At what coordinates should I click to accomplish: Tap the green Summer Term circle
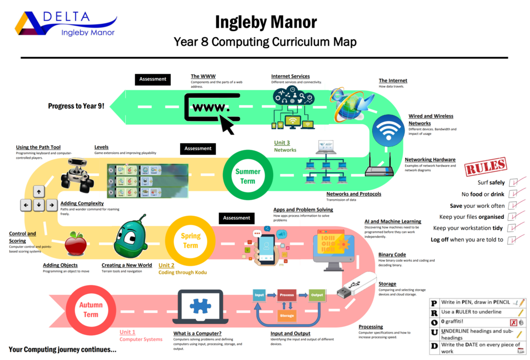pyautogui.click(x=247, y=176)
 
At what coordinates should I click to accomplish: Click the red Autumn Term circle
pyautogui.click(x=91, y=309)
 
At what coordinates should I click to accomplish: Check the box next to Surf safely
pyautogui.click(x=513, y=183)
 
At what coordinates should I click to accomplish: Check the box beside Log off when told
pyautogui.click(x=513, y=239)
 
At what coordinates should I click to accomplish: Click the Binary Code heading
pyautogui.click(x=392, y=254)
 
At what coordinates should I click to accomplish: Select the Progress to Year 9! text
pyautogui.click(x=76, y=106)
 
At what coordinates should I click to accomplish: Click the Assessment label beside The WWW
pyautogui.click(x=153, y=79)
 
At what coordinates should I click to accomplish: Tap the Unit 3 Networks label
pyautogui.click(x=285, y=146)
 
